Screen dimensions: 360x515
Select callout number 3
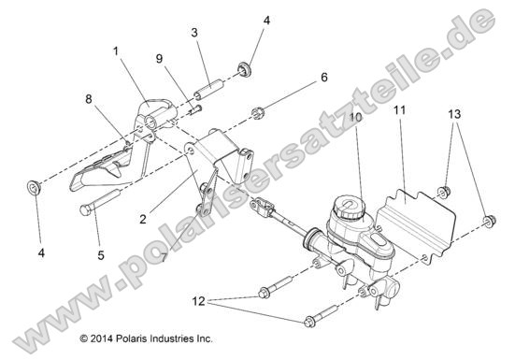point(194,34)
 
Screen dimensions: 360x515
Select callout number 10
point(355,118)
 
